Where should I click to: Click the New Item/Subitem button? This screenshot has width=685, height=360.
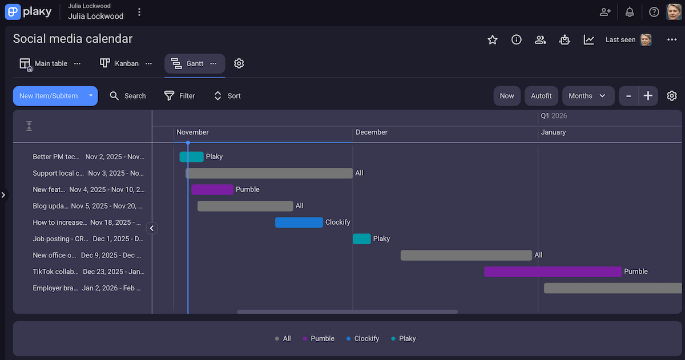pos(49,96)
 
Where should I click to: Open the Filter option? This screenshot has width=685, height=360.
pos(179,96)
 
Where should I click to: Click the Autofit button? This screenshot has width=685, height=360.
pos(541,96)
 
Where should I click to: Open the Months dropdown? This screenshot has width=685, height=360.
pos(587,96)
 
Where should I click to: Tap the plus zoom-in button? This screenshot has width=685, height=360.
pos(648,96)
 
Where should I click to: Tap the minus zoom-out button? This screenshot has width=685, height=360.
pos(628,96)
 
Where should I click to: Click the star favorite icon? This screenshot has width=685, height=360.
pos(493,39)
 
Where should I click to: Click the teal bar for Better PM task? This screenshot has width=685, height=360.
pos(191,157)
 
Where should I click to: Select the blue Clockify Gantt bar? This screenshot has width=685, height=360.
pos(299,223)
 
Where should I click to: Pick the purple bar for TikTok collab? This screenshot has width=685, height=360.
pos(553,272)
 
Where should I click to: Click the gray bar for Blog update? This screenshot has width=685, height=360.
pos(245,206)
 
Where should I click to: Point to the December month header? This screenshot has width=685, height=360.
pos(372,132)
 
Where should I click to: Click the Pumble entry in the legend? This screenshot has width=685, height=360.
pos(319,338)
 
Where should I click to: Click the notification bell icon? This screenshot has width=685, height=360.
pos(630,12)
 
